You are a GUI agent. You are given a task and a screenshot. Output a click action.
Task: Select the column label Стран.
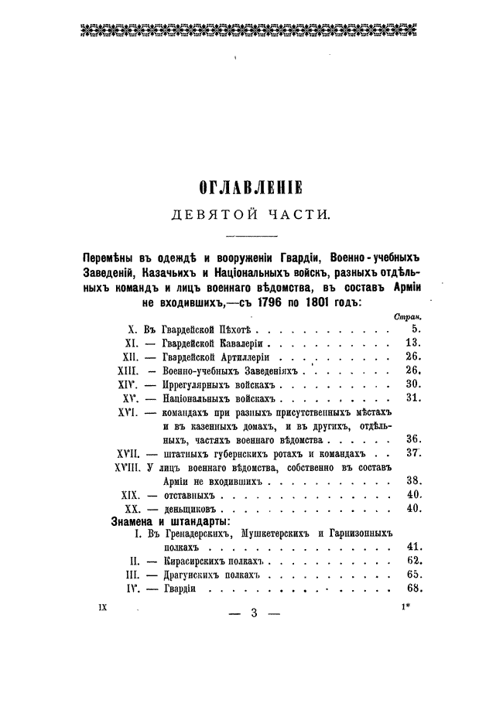click(407, 316)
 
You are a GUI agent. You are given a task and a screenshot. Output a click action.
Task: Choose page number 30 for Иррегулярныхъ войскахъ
click(412, 384)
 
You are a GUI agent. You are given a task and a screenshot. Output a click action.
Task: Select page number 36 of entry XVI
click(412, 439)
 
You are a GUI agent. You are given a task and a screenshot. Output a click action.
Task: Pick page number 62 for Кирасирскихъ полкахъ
click(412, 561)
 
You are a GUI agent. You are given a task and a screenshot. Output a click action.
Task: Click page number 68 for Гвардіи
click(412, 589)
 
